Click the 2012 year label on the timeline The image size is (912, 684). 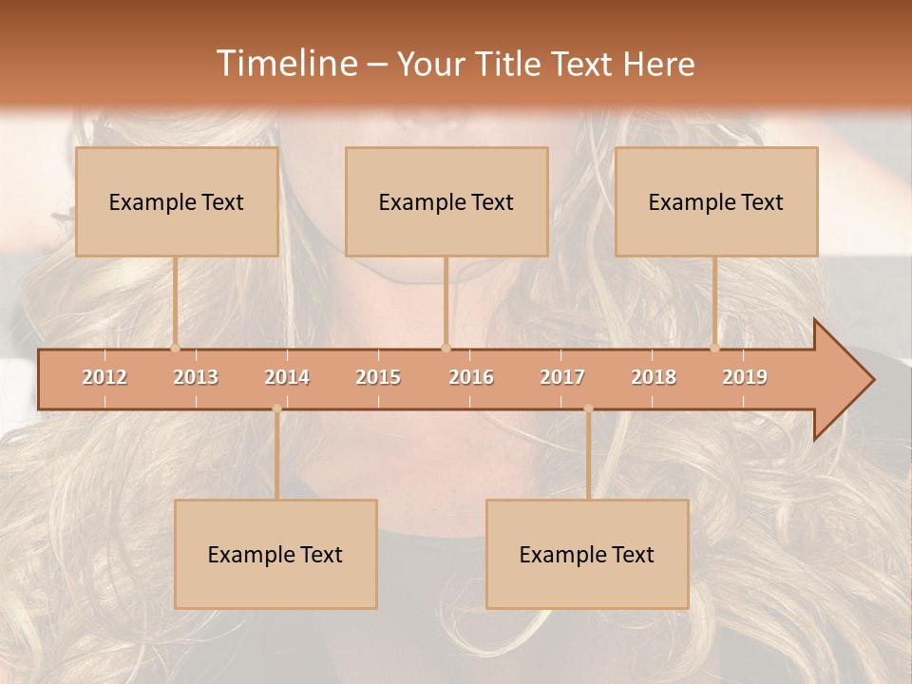coord(104,378)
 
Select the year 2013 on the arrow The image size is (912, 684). coord(196,378)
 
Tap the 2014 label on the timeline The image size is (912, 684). coord(287,378)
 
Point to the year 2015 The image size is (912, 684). coord(378,378)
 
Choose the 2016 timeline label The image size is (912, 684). coord(471,378)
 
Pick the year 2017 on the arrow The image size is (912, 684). coord(562,378)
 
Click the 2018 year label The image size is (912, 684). coord(654,378)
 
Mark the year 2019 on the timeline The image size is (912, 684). coord(745,378)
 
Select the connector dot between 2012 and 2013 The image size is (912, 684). coord(175,348)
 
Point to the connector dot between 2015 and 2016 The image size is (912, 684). coord(446,348)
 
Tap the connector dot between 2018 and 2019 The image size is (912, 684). coord(715,348)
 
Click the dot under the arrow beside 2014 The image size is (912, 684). coord(276,408)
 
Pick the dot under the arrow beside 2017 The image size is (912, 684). coord(588,408)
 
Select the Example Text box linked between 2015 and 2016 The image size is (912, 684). coord(446,201)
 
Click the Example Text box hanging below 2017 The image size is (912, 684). coord(587,554)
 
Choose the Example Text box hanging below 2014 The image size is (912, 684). coord(275,554)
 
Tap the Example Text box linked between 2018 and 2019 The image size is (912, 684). coord(716,201)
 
